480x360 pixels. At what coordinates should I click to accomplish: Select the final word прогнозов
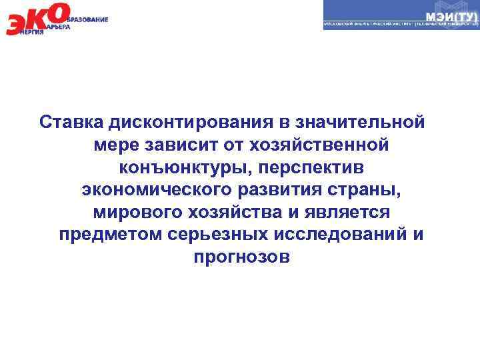pyautogui.click(x=241, y=258)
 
